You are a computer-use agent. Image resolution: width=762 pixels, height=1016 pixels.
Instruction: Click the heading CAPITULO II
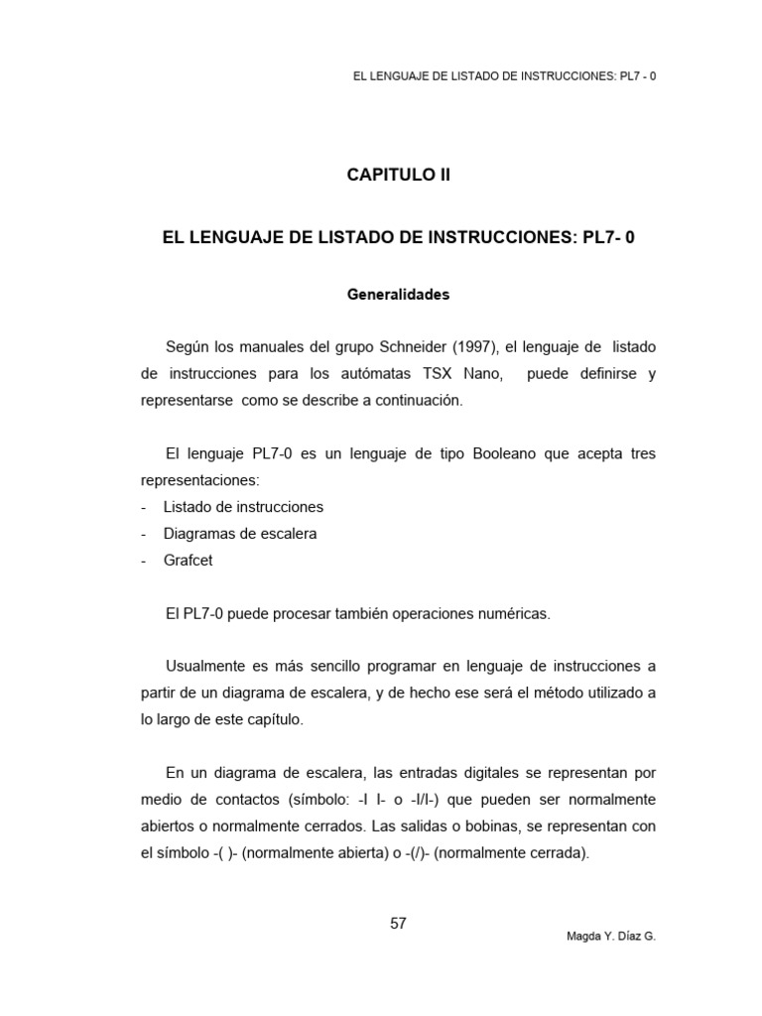(398, 176)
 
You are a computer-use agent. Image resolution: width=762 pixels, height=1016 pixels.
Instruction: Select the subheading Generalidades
(398, 295)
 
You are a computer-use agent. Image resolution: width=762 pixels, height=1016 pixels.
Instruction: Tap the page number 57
(398, 923)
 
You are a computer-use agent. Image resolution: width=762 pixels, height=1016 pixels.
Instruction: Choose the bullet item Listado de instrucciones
(243, 507)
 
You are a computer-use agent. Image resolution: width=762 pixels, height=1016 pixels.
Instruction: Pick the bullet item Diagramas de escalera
(240, 534)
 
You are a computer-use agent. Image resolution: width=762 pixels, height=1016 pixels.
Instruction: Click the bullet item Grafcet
(188, 561)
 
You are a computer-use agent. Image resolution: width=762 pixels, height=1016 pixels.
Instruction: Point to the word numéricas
(510, 614)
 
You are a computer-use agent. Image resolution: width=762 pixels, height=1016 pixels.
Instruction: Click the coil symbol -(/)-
(424, 853)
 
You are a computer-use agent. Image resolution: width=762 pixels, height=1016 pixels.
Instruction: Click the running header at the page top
(504, 76)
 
